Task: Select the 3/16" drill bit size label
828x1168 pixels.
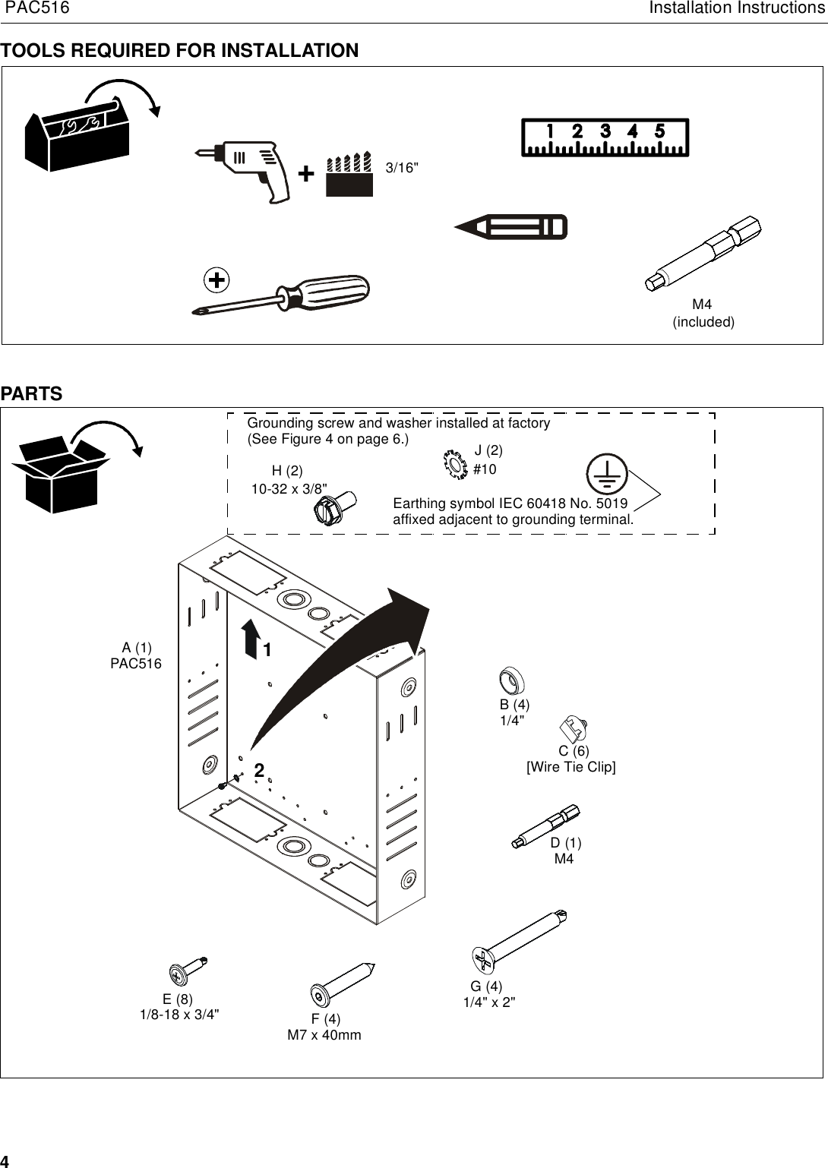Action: pyautogui.click(x=402, y=168)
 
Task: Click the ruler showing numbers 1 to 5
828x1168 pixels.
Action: pyautogui.click(x=605, y=137)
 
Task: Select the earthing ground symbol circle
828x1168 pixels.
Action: pyautogui.click(x=605, y=475)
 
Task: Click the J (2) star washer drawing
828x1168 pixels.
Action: pyautogui.click(x=453, y=464)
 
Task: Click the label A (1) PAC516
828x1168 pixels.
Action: pyautogui.click(x=137, y=655)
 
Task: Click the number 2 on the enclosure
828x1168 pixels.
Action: pyautogui.click(x=259, y=770)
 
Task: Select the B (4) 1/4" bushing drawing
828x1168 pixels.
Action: pyautogui.click(x=512, y=681)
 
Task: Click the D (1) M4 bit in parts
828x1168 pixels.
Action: pyautogui.click(x=545, y=826)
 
